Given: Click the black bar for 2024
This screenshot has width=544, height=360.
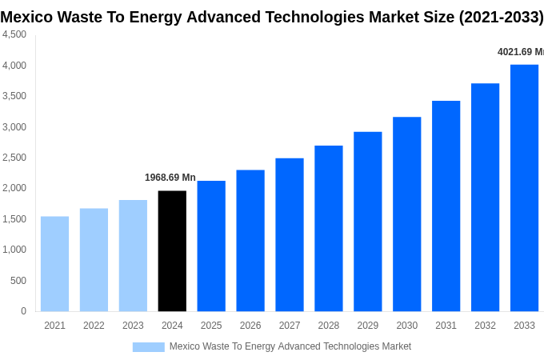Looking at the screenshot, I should pyautogui.click(x=172, y=251).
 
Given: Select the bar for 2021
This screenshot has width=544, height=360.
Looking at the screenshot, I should pyautogui.click(x=54, y=264).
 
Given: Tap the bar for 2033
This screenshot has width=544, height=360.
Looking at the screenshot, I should pyautogui.click(x=524, y=188).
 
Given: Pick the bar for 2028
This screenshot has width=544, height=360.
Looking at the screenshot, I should pyautogui.click(x=329, y=229).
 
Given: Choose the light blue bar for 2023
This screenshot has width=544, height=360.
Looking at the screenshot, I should pyautogui.click(x=133, y=256).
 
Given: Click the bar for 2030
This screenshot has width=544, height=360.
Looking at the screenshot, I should pyautogui.click(x=406, y=214).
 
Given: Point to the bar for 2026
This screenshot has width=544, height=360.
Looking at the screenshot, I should pyautogui.click(x=250, y=241).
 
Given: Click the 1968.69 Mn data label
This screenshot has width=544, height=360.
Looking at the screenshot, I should pyautogui.click(x=170, y=178).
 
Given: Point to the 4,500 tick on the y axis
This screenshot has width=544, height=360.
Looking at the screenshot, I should pyautogui.click(x=14, y=34).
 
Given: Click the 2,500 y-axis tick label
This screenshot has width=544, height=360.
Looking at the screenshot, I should pyautogui.click(x=14, y=158).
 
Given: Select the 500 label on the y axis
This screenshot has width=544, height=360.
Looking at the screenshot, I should pyautogui.click(x=18, y=281).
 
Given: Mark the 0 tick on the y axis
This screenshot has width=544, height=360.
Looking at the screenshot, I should pyautogui.click(x=23, y=311).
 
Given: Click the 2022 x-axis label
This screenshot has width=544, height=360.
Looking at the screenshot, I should pyautogui.click(x=94, y=326).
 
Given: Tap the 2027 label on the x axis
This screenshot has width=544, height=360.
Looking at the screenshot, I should pyautogui.click(x=290, y=326).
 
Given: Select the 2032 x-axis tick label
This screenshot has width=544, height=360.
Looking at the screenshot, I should pyautogui.click(x=485, y=326).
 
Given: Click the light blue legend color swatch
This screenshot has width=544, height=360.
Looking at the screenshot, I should pyautogui.click(x=148, y=347).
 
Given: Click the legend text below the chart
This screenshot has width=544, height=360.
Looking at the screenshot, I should pyautogui.click(x=290, y=346).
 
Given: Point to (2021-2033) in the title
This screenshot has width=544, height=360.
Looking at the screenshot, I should pyautogui.click(x=501, y=17).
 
